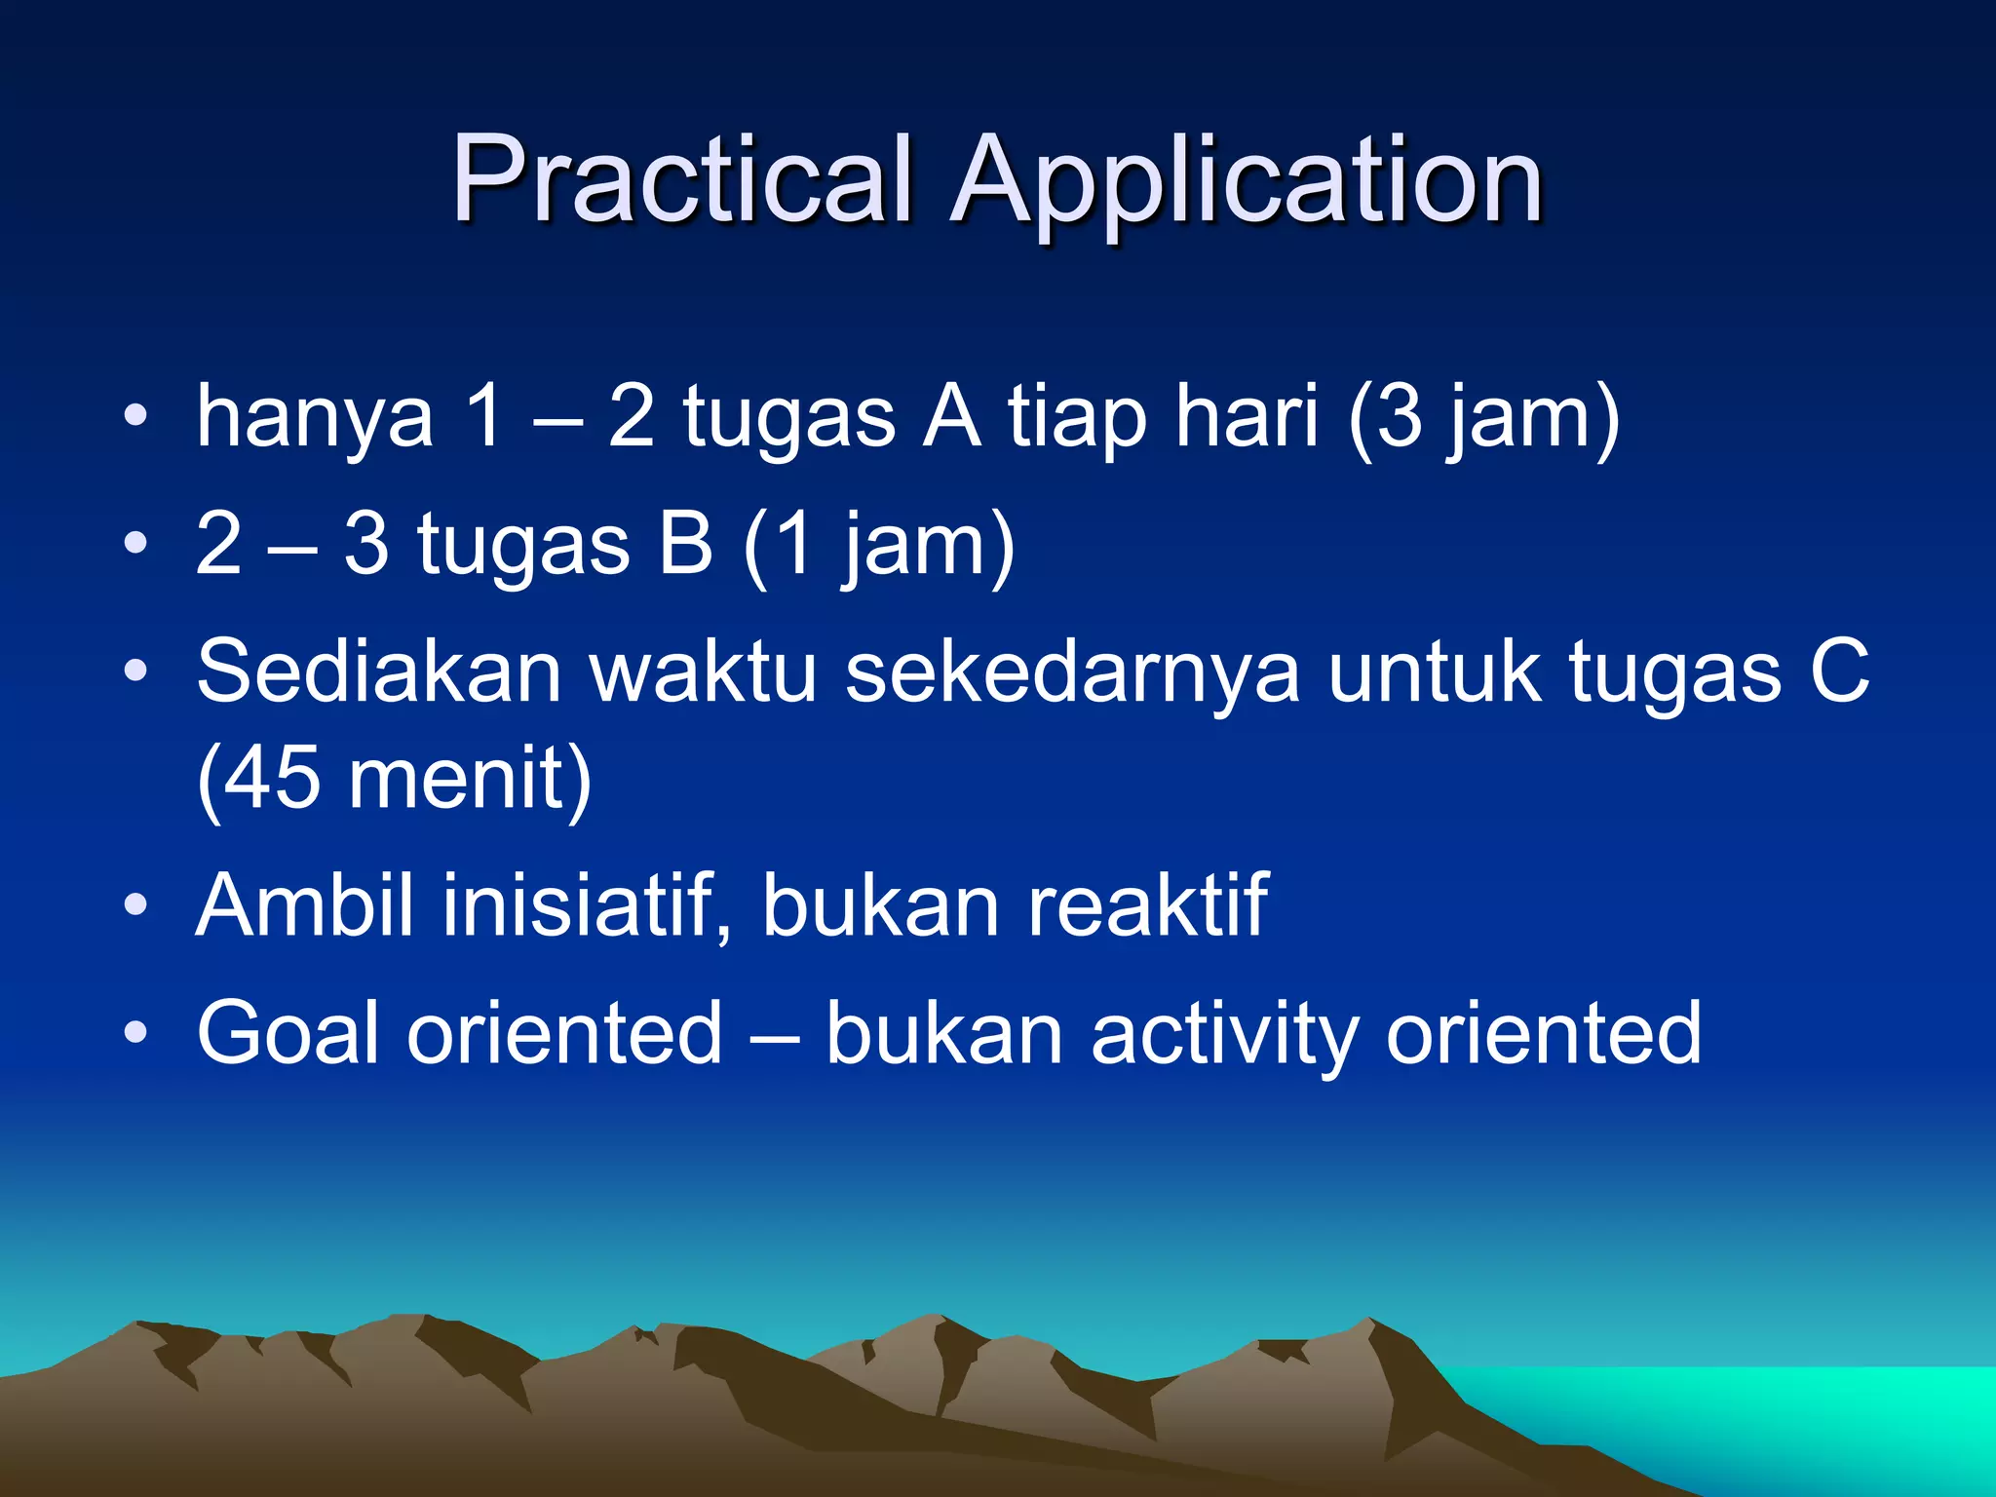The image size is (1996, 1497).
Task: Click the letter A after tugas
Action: point(951,417)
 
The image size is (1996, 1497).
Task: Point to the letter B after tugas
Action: point(685,544)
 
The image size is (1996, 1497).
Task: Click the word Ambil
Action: point(305,906)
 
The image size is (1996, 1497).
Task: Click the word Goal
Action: point(288,1033)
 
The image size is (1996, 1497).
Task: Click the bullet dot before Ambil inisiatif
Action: point(135,904)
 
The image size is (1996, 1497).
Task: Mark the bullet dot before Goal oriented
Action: point(135,1032)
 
